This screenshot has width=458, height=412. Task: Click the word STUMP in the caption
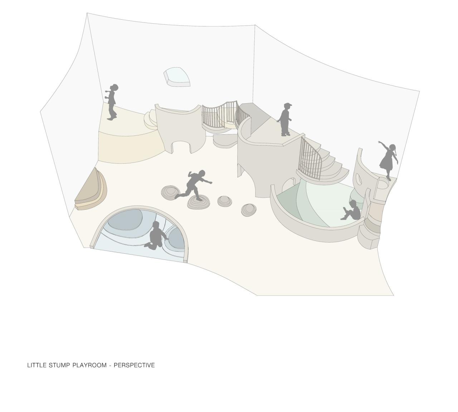[x=59, y=365]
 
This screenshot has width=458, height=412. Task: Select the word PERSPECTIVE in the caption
[x=134, y=365]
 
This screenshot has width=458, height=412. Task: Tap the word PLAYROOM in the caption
[x=89, y=365]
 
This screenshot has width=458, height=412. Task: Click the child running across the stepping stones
[x=194, y=185]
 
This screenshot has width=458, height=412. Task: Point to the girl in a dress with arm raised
[x=388, y=160]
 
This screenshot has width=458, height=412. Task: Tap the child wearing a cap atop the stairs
[x=285, y=119]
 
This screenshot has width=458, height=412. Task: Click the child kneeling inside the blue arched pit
[x=156, y=236]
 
